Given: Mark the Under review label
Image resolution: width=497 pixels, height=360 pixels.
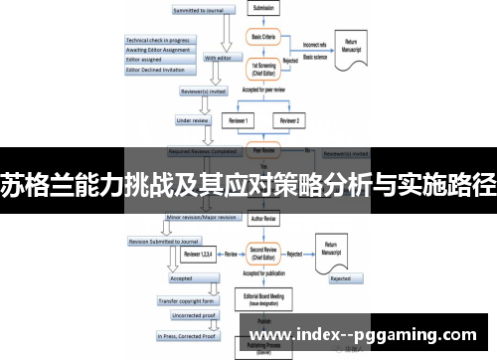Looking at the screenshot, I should pyautogui.click(x=195, y=120).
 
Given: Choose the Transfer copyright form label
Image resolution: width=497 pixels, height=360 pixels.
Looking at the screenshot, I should pyautogui.click(x=188, y=299).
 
